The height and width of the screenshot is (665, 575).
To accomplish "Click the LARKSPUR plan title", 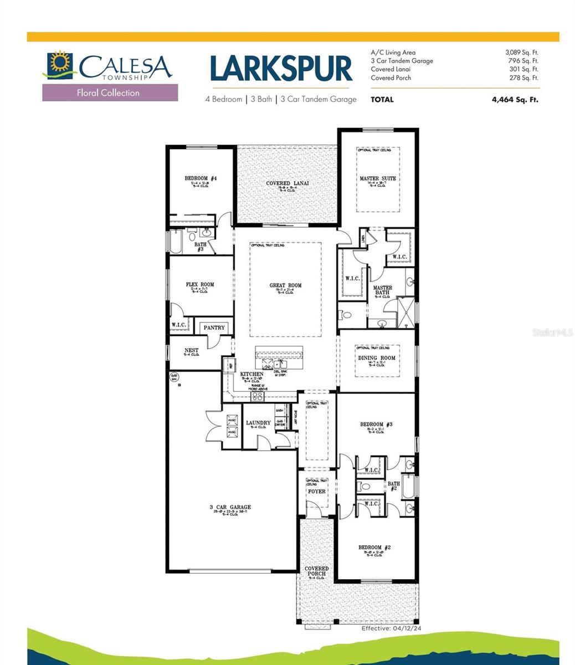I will (x=281, y=69).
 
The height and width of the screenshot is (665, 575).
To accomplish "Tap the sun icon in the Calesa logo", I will (x=57, y=63).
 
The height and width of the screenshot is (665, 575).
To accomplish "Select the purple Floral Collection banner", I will (x=110, y=93).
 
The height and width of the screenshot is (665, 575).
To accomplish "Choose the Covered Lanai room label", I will (x=287, y=183).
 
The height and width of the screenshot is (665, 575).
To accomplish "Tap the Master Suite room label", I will (x=378, y=178).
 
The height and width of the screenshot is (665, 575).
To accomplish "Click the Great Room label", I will (x=285, y=286).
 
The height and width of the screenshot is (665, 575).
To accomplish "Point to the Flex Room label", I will (x=199, y=285).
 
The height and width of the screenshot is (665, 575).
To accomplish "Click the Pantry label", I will (x=214, y=328).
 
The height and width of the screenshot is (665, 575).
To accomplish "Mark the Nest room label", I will (x=191, y=351).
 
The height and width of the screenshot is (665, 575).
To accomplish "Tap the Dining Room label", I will (x=377, y=358).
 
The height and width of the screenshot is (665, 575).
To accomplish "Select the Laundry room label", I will (x=258, y=423).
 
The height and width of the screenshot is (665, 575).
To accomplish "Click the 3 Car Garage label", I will (x=230, y=507).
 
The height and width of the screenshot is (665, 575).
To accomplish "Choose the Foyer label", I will (x=316, y=492).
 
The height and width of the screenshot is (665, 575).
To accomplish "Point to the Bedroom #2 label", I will (x=375, y=548).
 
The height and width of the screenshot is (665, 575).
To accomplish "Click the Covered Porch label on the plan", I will (x=316, y=571).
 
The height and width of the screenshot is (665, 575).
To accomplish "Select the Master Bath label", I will (x=382, y=290).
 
